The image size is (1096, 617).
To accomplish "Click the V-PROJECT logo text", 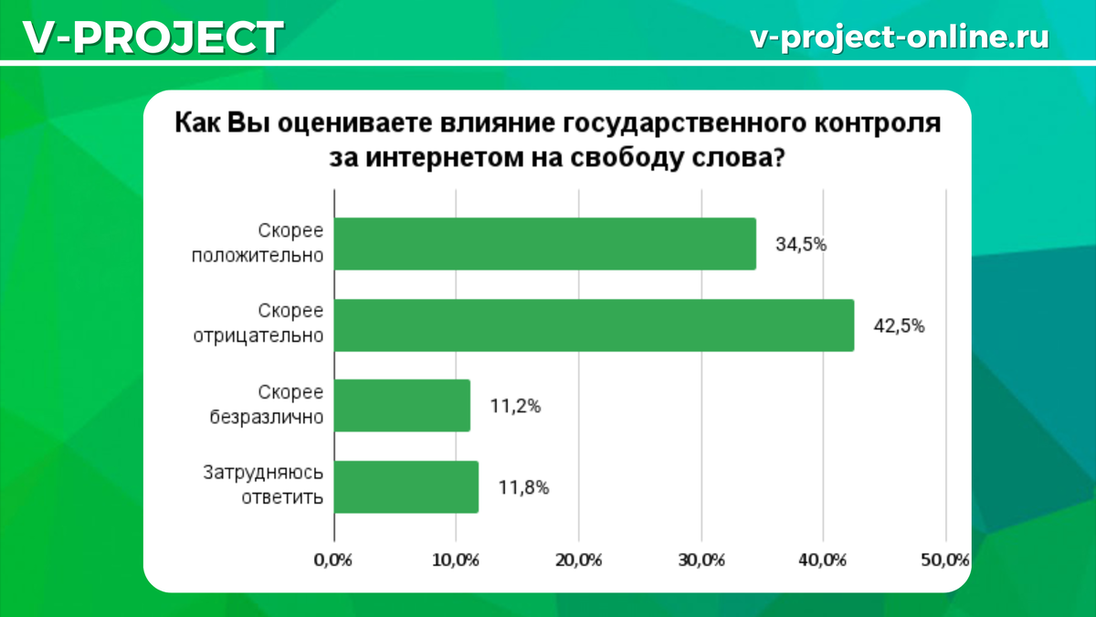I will tap(152, 37).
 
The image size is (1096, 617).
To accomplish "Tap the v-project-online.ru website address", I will tap(899, 37).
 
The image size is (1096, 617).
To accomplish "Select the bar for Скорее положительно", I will tap(545, 244).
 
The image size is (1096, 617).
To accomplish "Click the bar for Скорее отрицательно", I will tap(594, 324).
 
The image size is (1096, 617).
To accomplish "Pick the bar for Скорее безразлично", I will tap(402, 406).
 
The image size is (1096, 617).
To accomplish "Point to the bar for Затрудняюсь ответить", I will tap(406, 487).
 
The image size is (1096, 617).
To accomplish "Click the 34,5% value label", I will tap(801, 244).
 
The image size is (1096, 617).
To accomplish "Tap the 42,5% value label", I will tap(900, 325).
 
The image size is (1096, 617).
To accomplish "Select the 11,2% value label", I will tap(515, 407).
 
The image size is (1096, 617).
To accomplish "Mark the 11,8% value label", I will tap(523, 488).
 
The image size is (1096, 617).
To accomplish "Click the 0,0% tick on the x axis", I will tap(333, 560).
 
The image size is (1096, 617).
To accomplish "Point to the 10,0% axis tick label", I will tap(455, 560).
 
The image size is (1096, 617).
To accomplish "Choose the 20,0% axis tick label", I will tap(578, 560).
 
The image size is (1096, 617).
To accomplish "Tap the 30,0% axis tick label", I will tap(701, 560).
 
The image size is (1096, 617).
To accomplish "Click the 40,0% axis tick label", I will tap(823, 560).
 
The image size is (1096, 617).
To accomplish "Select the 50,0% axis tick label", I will tap(944, 560).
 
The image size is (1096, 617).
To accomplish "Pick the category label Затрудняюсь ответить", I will tap(263, 486).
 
